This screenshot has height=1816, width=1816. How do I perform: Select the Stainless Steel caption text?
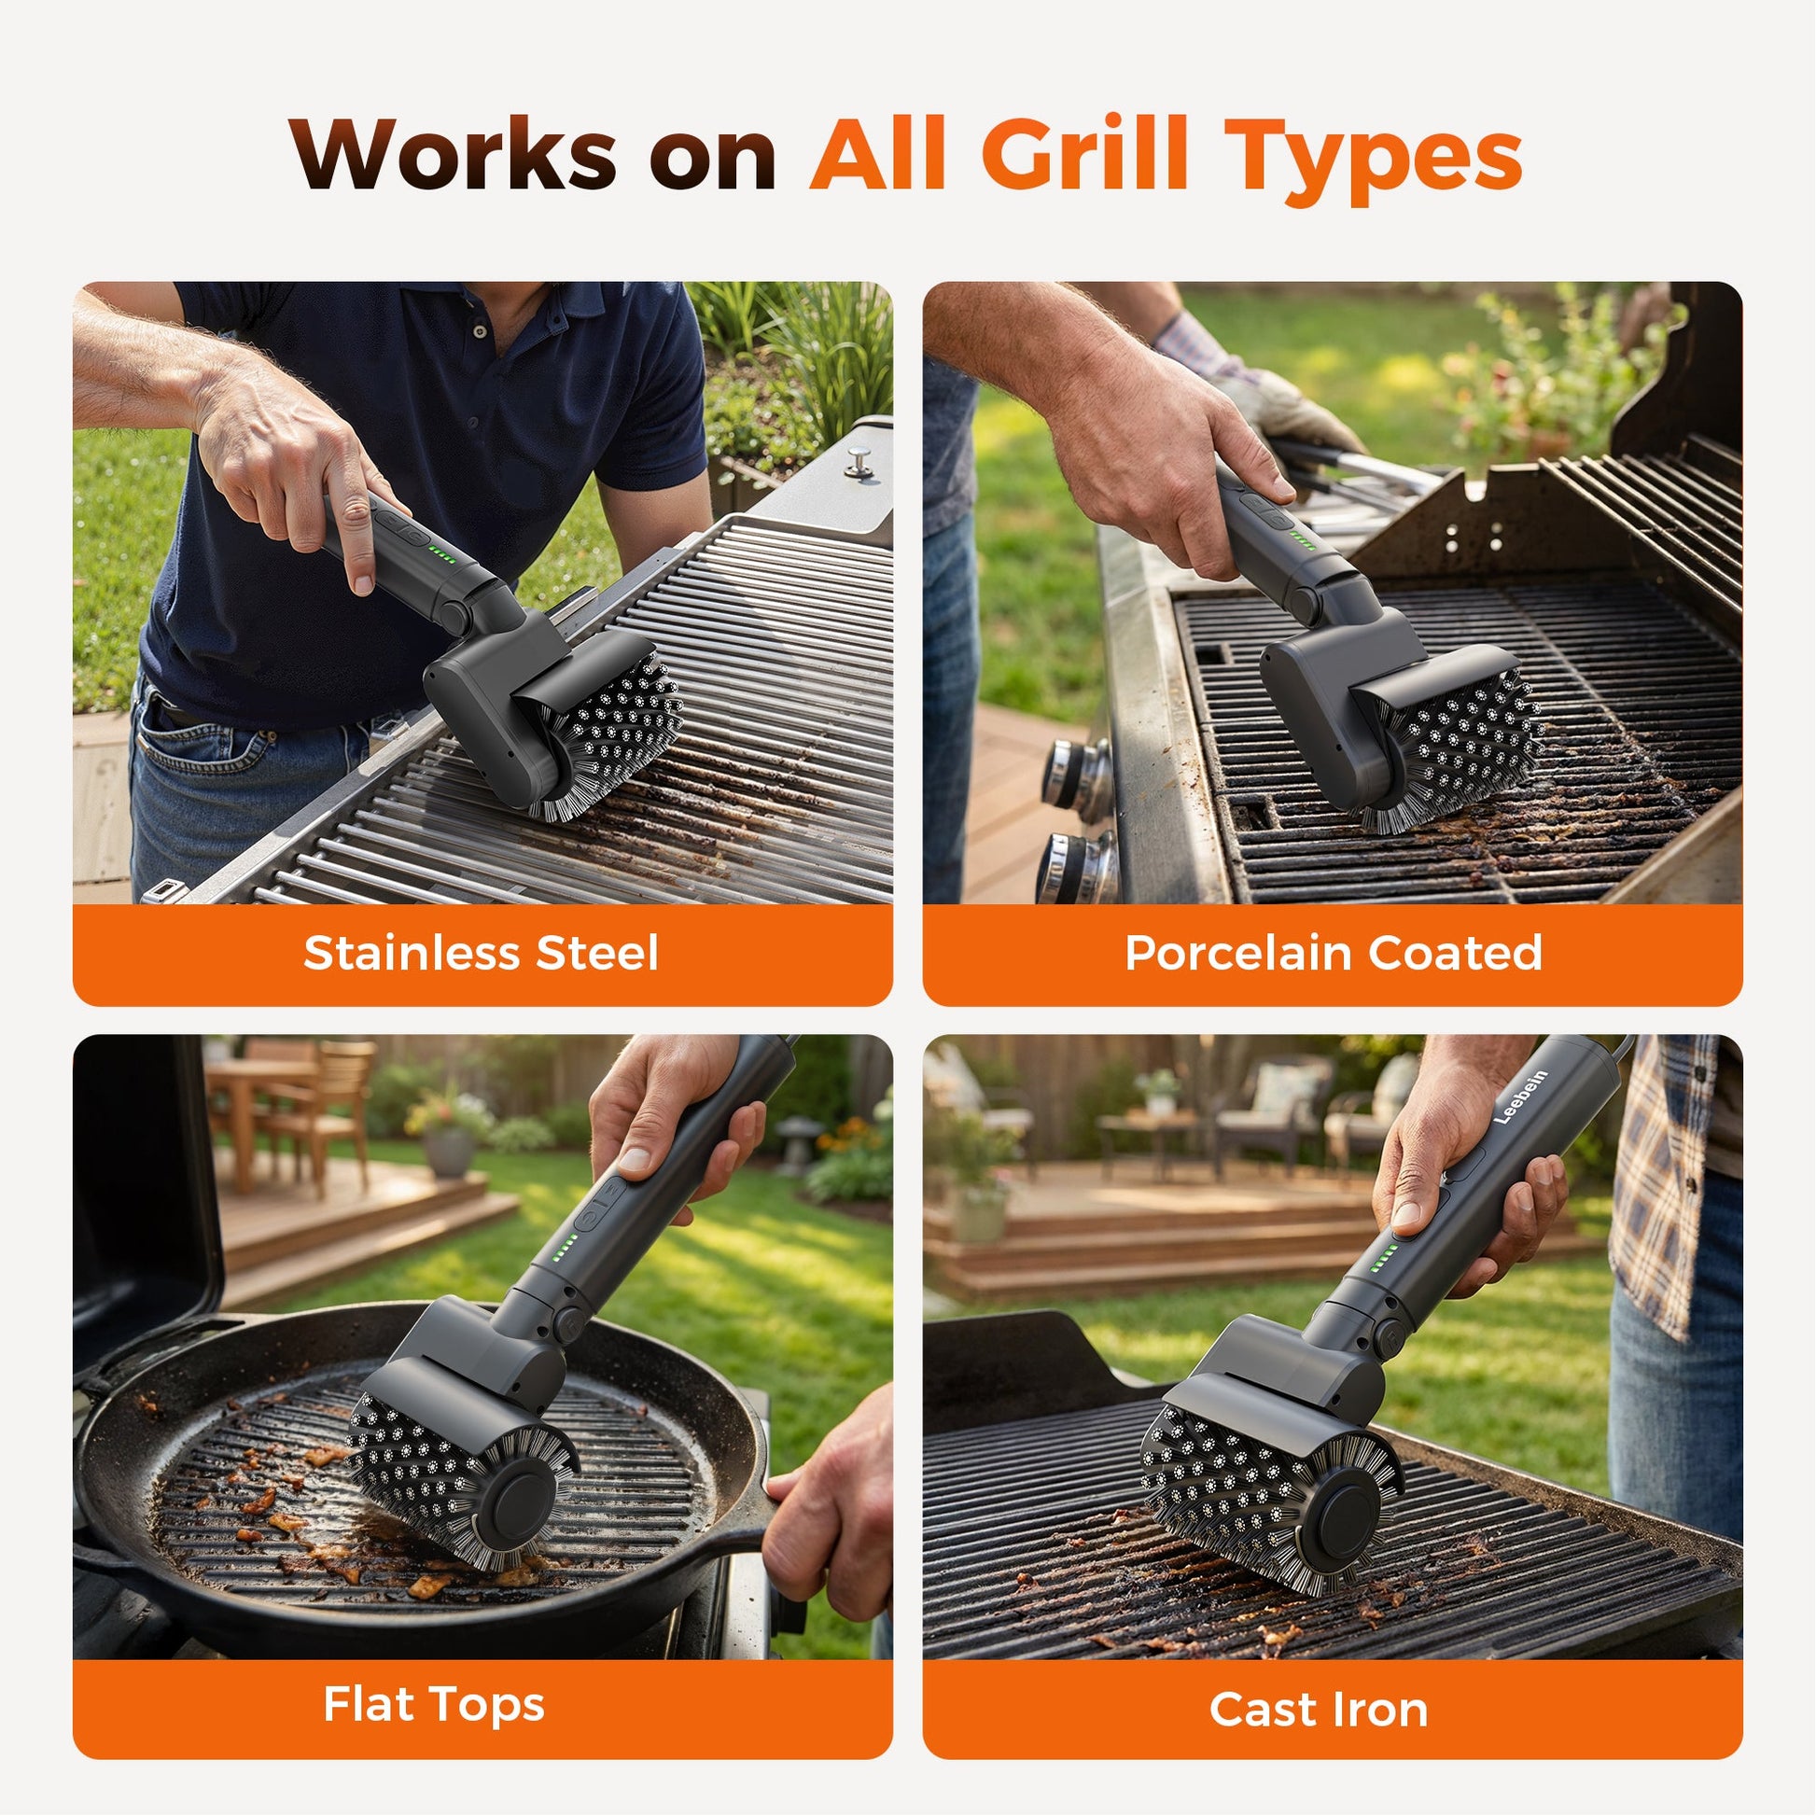pos(482,953)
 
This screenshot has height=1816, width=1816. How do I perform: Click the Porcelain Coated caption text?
pos(1334,953)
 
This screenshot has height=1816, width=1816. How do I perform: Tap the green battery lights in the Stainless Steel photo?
pos(440,553)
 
